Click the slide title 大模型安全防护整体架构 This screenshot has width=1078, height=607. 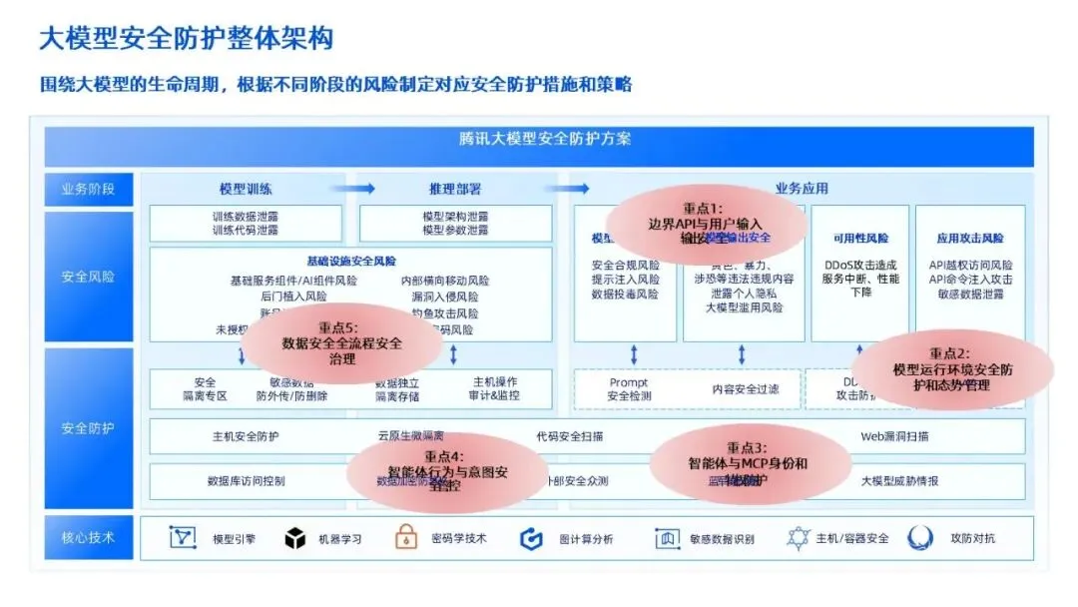click(186, 38)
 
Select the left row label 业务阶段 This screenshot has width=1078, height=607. click(88, 189)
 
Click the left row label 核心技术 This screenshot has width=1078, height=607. click(88, 538)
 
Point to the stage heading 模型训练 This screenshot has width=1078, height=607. click(246, 189)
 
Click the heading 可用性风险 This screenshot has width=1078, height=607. click(860, 239)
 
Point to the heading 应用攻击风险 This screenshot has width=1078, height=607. click(970, 239)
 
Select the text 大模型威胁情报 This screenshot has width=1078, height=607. click(900, 481)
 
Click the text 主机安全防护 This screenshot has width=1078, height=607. click(246, 436)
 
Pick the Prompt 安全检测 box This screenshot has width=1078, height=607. click(629, 389)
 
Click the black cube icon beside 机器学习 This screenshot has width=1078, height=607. click(294, 539)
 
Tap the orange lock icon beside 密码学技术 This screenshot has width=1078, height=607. click(406, 538)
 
